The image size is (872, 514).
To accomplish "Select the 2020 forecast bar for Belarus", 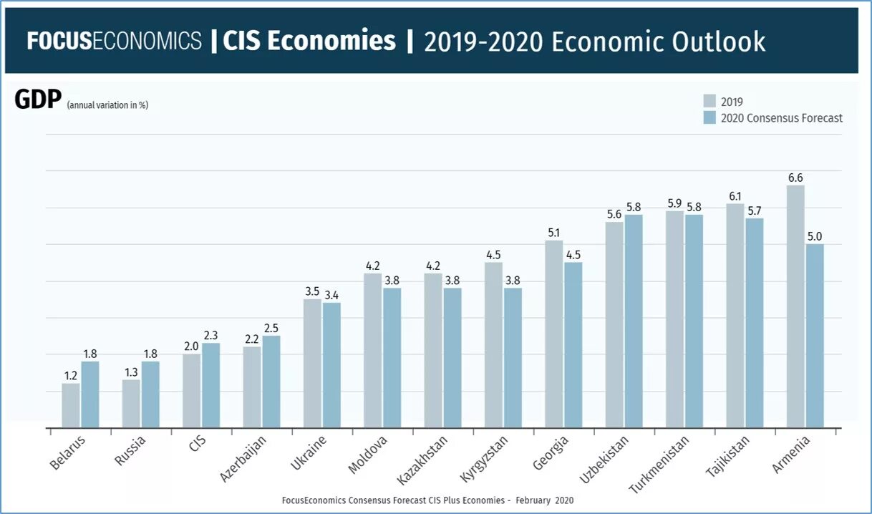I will point(90,394).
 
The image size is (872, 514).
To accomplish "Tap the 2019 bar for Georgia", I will point(554,334).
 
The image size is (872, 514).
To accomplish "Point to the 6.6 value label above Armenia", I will point(795,178).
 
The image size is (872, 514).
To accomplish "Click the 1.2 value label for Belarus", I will point(71,375).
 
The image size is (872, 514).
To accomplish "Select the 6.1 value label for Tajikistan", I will point(735,195).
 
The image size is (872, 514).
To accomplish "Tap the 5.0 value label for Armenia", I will point(815,236).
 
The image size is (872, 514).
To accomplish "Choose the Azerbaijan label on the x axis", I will point(244,458).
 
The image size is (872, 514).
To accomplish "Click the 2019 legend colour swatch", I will point(709,101).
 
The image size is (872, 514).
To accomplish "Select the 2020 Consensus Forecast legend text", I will point(782,118).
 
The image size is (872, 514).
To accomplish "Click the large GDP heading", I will point(38,100).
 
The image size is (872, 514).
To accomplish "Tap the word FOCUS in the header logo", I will point(59,41).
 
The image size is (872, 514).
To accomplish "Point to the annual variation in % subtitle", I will point(107,105).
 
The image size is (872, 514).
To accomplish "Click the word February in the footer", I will point(533,500).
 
